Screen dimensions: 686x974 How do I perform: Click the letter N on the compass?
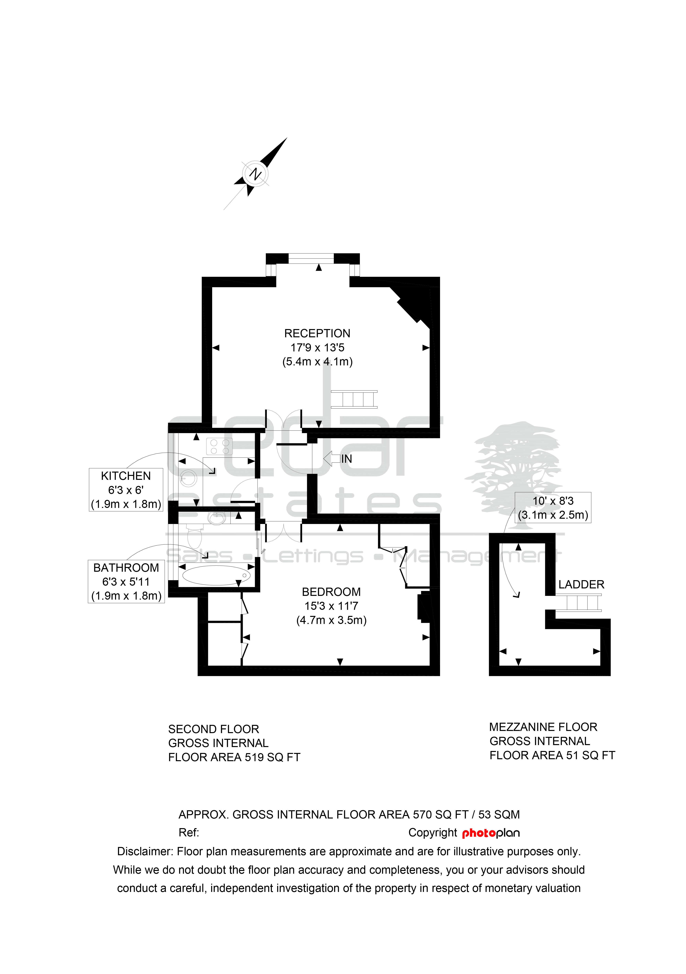255,174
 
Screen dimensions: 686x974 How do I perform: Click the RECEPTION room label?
317,333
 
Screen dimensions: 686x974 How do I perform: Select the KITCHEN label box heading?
126,476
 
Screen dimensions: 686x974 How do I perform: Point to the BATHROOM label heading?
126,568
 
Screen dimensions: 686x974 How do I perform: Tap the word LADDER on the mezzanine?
581,584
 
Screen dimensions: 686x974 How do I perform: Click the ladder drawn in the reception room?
354,399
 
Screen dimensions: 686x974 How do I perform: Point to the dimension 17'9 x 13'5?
317,348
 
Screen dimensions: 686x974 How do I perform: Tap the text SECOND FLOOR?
214,729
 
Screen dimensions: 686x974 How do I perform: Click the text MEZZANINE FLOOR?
543,727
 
